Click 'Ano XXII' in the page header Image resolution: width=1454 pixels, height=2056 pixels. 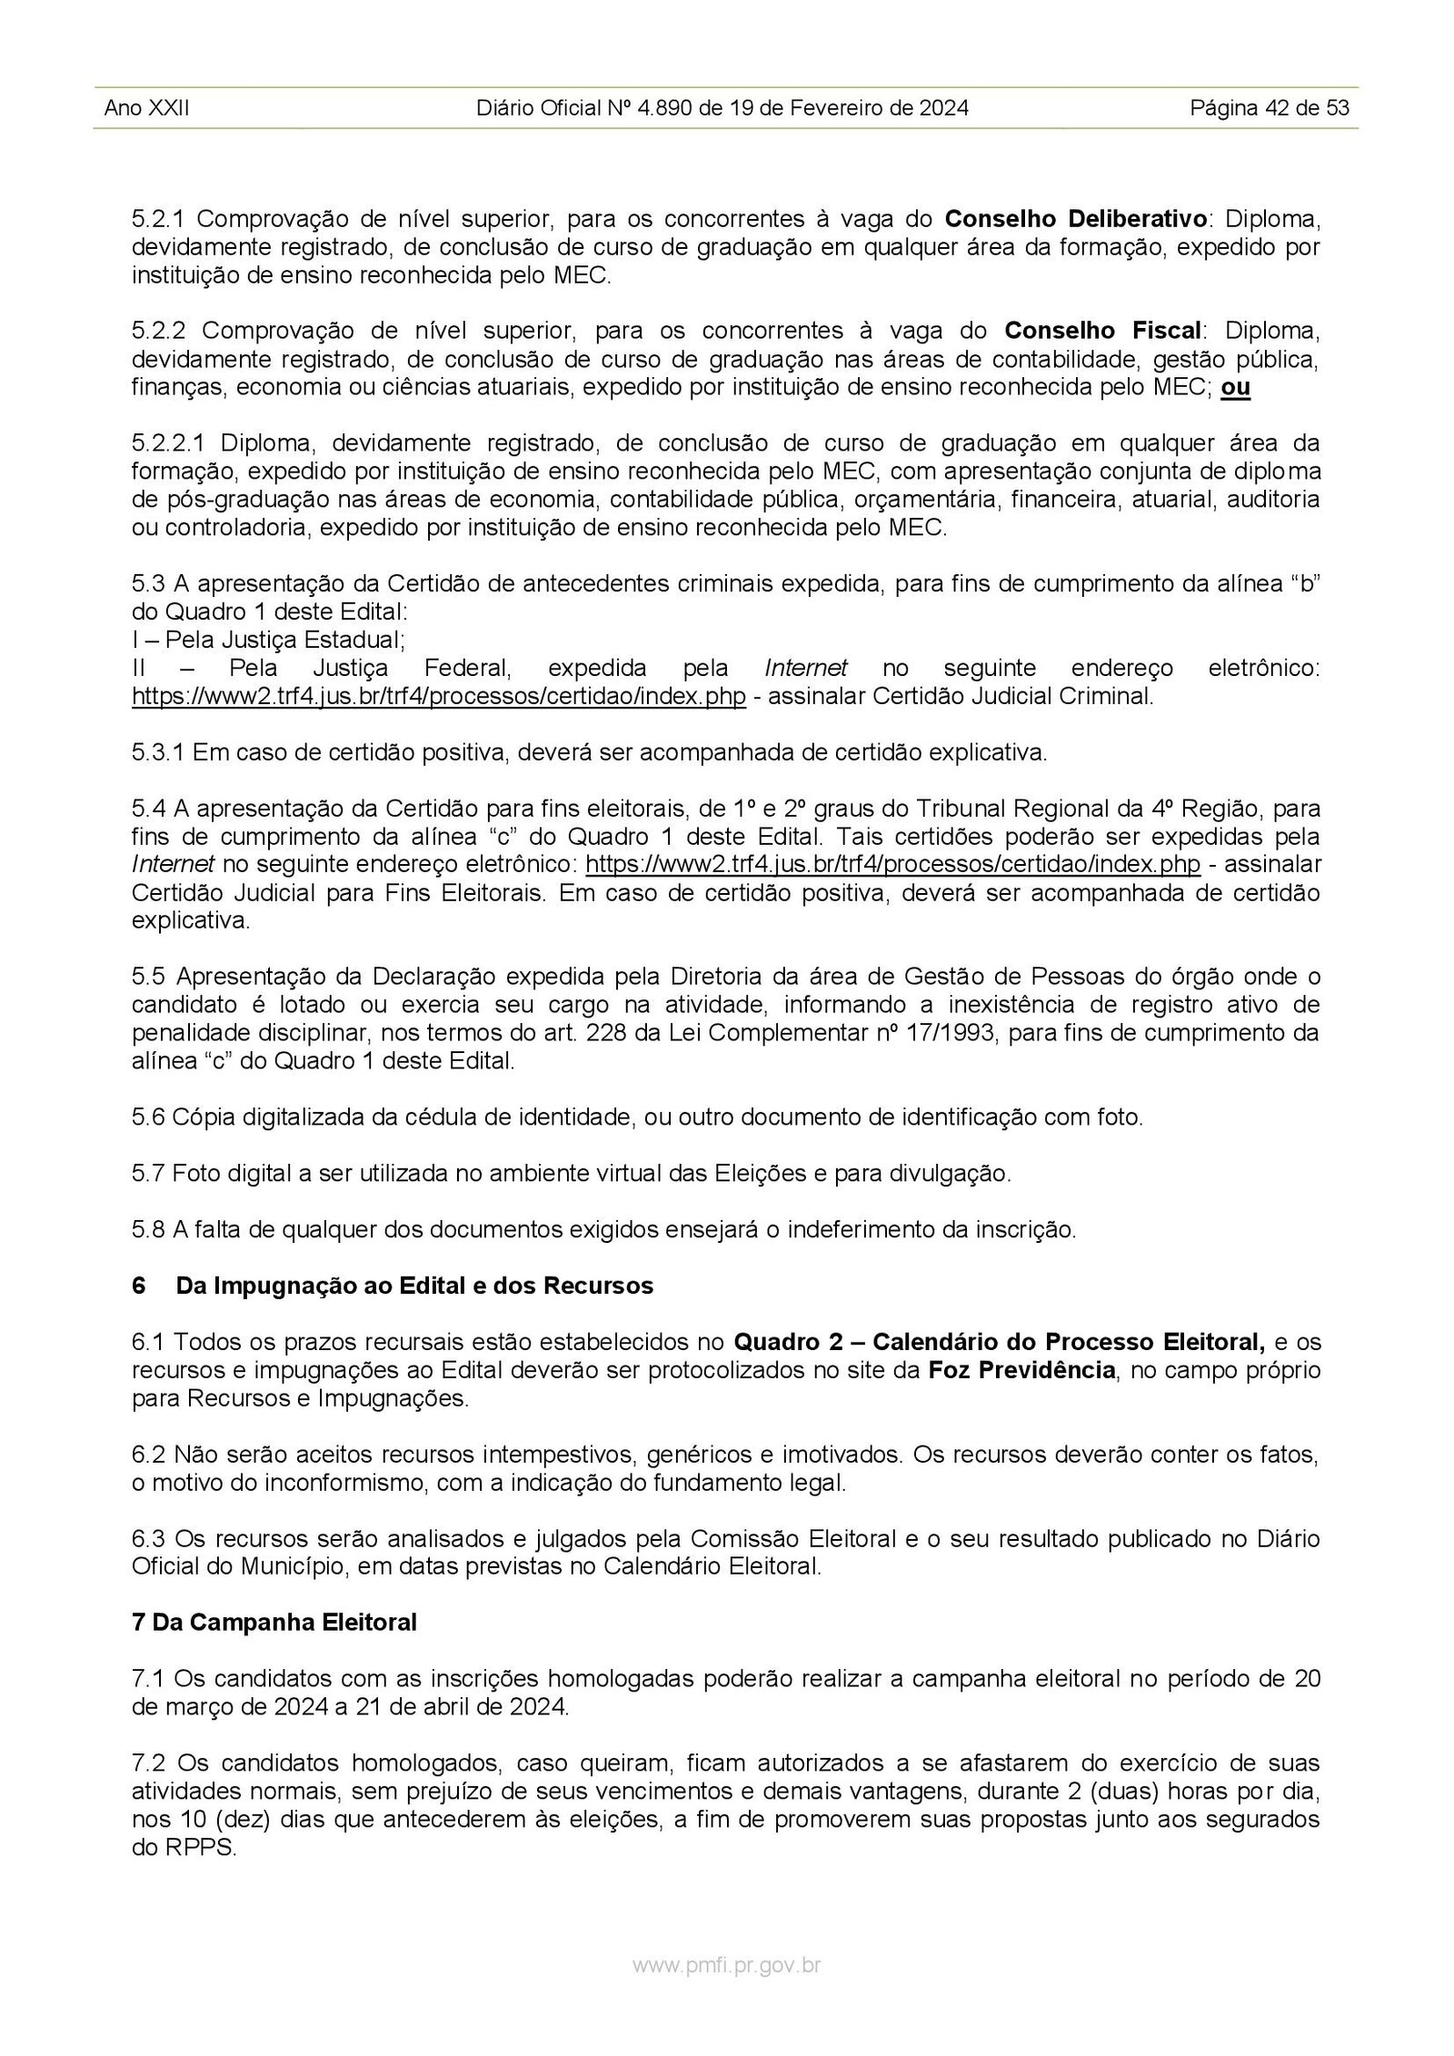pos(146,109)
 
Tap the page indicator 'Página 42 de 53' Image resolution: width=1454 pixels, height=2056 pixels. pos(1270,109)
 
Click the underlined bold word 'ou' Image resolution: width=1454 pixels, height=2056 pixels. pos(1235,388)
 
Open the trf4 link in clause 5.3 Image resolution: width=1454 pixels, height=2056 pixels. pos(439,697)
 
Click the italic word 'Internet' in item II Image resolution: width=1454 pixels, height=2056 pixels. pos(806,669)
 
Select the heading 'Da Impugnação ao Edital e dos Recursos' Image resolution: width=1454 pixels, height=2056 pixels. pos(414,1286)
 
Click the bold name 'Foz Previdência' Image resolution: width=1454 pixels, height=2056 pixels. pos(1021,1370)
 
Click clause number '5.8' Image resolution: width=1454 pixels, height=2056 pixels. pos(147,1230)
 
